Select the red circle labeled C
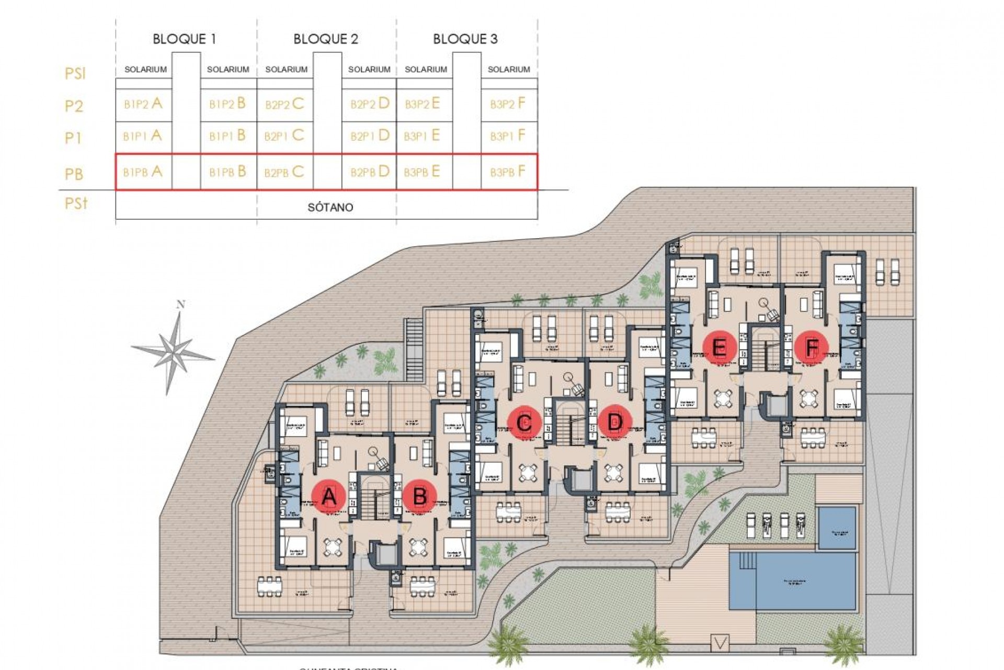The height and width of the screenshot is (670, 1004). coord(524,422)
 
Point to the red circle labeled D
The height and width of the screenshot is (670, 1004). coord(615,422)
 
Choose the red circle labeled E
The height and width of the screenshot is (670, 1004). coord(720,347)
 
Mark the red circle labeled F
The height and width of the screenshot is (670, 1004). coord(811,347)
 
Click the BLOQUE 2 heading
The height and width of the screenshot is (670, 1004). coord(326,39)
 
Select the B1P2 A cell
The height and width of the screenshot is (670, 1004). coord(143,104)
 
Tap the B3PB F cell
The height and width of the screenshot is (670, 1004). coord(508,172)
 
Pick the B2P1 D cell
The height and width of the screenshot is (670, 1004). coord(370,136)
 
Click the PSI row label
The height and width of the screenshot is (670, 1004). coord(75,73)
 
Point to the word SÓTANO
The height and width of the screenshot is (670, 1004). coord(330,207)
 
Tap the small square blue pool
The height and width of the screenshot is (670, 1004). coord(837,527)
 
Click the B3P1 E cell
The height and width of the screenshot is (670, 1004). coord(421,136)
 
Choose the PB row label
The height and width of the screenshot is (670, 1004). coord(74,174)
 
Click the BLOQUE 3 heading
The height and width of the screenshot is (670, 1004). coord(465,39)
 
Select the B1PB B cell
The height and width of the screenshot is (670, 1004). coord(227,172)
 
